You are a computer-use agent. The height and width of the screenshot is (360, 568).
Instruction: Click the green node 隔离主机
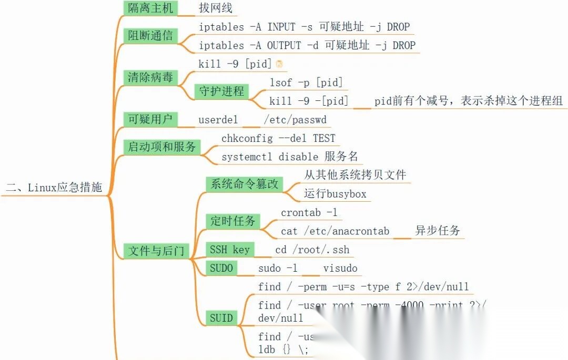pos(150,8)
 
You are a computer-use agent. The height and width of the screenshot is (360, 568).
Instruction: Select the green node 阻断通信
pos(150,36)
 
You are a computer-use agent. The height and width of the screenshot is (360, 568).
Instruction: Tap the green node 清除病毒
pos(150,77)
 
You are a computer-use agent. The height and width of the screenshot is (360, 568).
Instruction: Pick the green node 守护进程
pos(221,91)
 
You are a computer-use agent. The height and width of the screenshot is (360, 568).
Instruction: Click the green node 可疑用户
pos(150,119)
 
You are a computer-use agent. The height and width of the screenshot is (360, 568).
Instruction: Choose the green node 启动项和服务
pos(162,147)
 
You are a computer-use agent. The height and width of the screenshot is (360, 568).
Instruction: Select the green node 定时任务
pos(232,221)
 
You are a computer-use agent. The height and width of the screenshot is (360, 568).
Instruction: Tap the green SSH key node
pos(230,250)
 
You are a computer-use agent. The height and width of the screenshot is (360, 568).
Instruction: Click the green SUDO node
pos(221,269)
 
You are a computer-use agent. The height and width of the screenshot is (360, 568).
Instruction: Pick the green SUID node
pos(221,317)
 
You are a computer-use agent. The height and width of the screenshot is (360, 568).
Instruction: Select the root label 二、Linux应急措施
pos(54,187)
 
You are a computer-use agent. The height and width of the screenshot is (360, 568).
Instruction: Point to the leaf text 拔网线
pos(215,8)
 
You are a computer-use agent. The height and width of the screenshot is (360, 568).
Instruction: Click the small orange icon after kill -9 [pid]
pos(279,64)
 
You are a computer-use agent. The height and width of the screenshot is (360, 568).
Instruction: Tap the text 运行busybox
pos(335,194)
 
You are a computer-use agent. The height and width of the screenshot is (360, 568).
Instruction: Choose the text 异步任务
pos(438,231)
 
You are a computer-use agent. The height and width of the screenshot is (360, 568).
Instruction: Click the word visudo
pos(340,269)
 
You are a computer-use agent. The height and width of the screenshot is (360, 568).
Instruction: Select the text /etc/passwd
pos(295,120)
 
